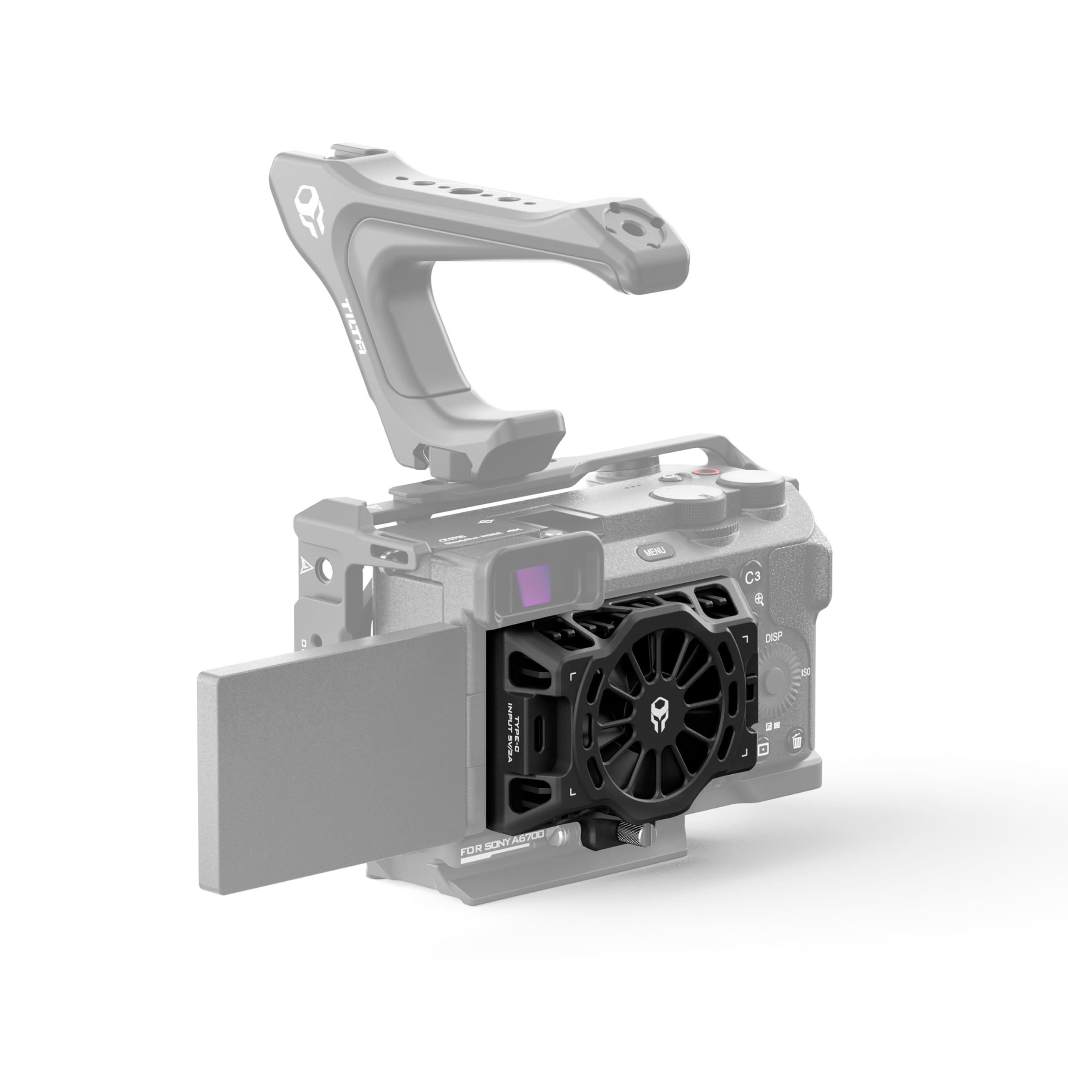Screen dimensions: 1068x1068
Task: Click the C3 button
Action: pos(752,577)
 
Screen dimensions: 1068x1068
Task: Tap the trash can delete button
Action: pos(796,740)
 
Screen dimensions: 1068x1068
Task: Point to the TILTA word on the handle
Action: pos(354,327)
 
